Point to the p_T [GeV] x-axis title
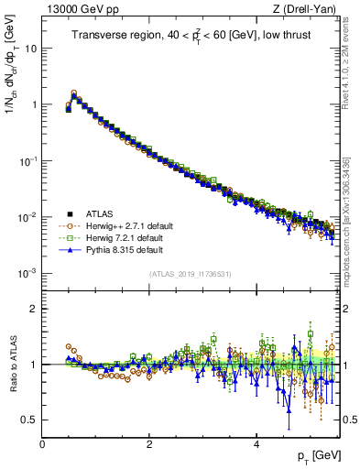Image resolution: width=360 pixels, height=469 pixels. coord(319,455)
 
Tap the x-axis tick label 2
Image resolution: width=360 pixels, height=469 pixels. coord(149,444)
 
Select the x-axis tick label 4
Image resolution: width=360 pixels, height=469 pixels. coord(256,444)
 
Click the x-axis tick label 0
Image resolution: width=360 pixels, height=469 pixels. coord(42,444)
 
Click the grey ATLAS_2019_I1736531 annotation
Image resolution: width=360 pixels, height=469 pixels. coord(191,274)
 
